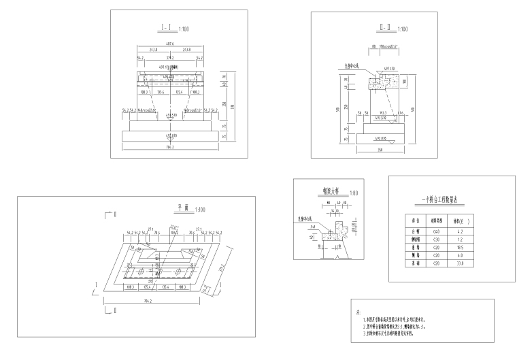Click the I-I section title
click(x=165, y=29)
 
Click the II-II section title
click(x=382, y=29)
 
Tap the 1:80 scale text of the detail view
click(x=352, y=193)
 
